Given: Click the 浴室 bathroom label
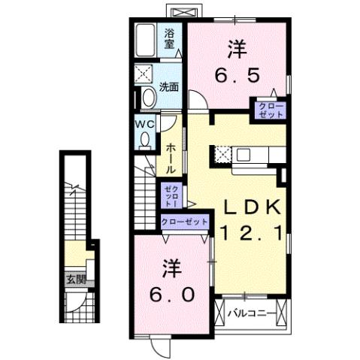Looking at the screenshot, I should pyautogui.click(x=170, y=38).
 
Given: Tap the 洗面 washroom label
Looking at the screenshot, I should pyautogui.click(x=168, y=86).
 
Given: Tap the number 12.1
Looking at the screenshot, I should pyautogui.click(x=251, y=234).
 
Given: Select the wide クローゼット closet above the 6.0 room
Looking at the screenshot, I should pyautogui.click(x=184, y=222).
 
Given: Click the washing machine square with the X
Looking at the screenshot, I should pyautogui.click(x=144, y=74).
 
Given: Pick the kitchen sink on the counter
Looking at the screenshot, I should pyautogui.click(x=245, y=155).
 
